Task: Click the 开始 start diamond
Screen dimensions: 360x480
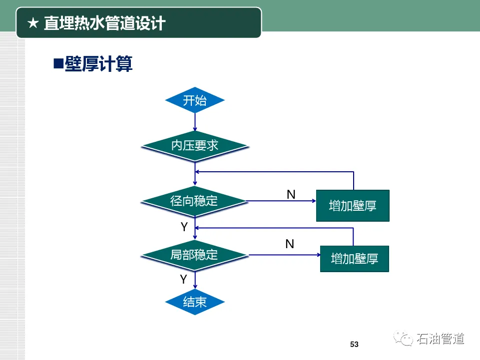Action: [195, 100]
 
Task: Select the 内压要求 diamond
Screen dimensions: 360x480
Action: [195, 145]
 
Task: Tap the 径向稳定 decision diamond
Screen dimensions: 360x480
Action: [194, 201]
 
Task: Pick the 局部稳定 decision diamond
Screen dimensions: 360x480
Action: [194, 255]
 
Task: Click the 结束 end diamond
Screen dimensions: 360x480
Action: [195, 302]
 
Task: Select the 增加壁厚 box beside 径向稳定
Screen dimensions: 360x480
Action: [353, 205]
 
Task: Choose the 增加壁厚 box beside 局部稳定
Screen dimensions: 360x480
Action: [354, 259]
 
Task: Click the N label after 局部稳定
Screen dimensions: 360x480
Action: [290, 244]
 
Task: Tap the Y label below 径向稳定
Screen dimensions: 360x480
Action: [184, 227]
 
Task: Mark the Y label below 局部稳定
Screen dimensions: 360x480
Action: [183, 280]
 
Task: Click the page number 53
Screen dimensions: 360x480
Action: [355, 345]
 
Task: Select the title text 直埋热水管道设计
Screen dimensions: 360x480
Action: [104, 23]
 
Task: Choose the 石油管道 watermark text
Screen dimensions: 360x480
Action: [441, 339]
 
